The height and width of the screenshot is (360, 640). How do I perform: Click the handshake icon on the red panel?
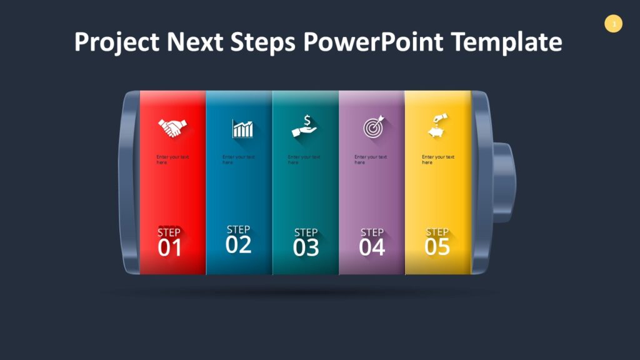(171, 128)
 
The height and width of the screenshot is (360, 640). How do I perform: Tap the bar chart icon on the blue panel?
(242, 129)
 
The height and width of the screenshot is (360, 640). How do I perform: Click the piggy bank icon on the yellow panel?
(437, 126)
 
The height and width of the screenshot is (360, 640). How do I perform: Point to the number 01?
(169, 248)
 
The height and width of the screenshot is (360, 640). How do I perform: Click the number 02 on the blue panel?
(238, 244)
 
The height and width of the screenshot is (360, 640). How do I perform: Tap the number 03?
(306, 248)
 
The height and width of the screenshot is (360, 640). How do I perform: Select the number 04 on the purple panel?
(372, 247)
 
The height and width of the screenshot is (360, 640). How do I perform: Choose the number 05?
(437, 247)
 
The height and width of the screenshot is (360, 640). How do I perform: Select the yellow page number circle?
(614, 24)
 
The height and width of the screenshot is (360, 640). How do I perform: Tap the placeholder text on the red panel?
(172, 159)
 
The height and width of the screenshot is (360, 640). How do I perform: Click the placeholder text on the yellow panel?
(437, 159)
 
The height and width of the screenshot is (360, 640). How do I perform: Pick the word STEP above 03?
(306, 232)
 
